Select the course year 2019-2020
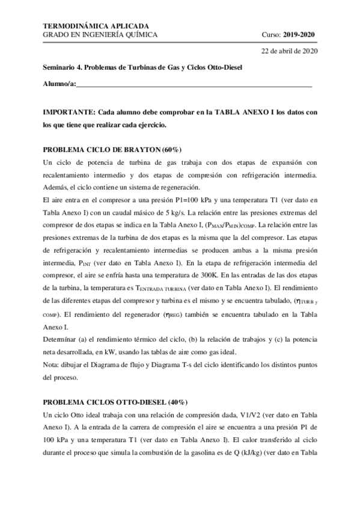(x=298, y=35)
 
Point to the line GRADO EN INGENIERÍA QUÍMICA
(x=101, y=35)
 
